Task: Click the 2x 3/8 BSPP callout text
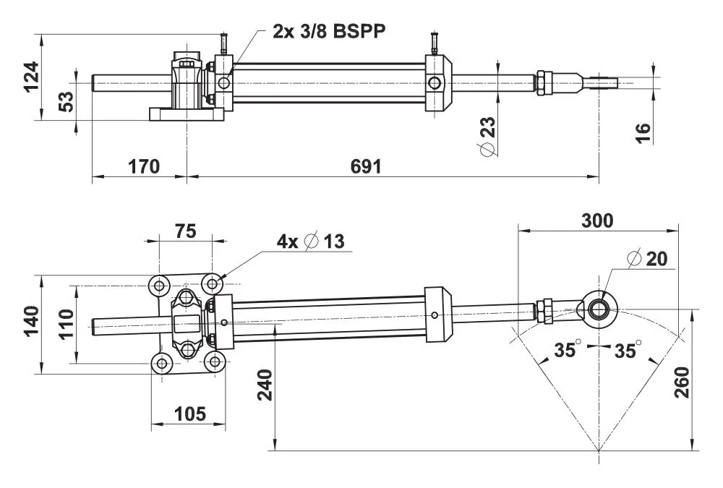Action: pyautogui.click(x=330, y=31)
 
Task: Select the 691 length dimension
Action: pyautogui.click(x=366, y=166)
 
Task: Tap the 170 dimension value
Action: pyautogui.click(x=144, y=166)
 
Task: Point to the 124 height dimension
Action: pyautogui.click(x=31, y=77)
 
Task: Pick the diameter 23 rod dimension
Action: pyautogui.click(x=488, y=137)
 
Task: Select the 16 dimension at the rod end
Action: pyautogui.click(x=643, y=132)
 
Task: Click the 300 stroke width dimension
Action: pyautogui.click(x=597, y=221)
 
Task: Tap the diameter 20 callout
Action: pyautogui.click(x=647, y=259)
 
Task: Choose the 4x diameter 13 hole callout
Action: pyautogui.click(x=311, y=241)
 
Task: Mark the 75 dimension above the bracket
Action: pyautogui.click(x=186, y=231)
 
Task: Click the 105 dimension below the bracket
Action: pyautogui.click(x=189, y=414)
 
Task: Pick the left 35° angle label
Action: pyautogui.click(x=568, y=350)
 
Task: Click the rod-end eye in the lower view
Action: pyautogui.click(x=600, y=308)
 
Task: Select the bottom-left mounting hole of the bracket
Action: pyautogui.click(x=159, y=361)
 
